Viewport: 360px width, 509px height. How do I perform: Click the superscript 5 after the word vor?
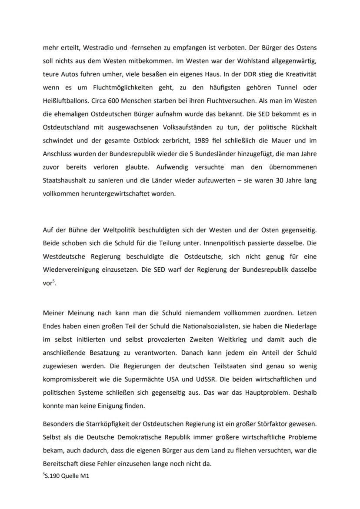point(53,281)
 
